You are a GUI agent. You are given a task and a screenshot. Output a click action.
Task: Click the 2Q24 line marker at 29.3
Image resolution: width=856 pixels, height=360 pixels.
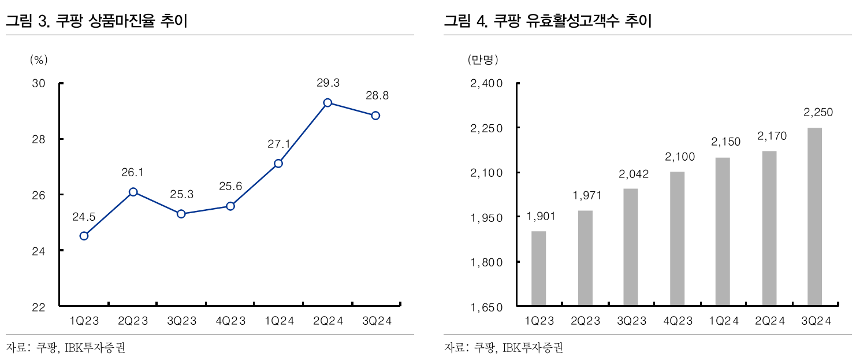[327, 103]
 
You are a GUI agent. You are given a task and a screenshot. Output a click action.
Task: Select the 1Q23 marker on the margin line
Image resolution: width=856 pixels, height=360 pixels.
[84, 236]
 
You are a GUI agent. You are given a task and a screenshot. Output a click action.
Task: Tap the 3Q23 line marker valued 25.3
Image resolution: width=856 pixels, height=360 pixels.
[181, 214]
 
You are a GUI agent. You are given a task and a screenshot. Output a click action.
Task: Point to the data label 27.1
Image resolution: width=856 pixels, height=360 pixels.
[278, 144]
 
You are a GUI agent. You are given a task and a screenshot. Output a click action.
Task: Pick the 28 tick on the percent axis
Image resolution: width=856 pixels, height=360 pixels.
[39, 139]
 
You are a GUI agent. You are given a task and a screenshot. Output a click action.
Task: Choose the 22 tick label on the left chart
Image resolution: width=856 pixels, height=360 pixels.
[39, 307]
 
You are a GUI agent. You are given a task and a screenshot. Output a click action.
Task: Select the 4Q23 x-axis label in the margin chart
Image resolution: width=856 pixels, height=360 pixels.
[230, 321]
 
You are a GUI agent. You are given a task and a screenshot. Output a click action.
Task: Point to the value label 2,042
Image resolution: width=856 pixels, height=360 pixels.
[631, 175]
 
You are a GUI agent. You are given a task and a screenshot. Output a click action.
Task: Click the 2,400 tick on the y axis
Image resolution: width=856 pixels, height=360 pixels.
[487, 84]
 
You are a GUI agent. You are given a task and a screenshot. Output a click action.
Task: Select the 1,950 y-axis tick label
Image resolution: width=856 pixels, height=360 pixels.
[487, 218]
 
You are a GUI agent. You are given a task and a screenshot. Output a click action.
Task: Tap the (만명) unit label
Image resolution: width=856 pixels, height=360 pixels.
[482, 59]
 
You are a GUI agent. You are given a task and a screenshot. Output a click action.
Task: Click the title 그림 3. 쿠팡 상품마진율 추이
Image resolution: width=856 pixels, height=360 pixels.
[96, 22]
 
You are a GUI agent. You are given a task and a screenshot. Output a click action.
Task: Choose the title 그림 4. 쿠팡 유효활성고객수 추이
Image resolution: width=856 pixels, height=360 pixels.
[548, 22]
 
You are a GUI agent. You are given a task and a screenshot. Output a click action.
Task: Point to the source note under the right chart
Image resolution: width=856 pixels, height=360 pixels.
[503, 348]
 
